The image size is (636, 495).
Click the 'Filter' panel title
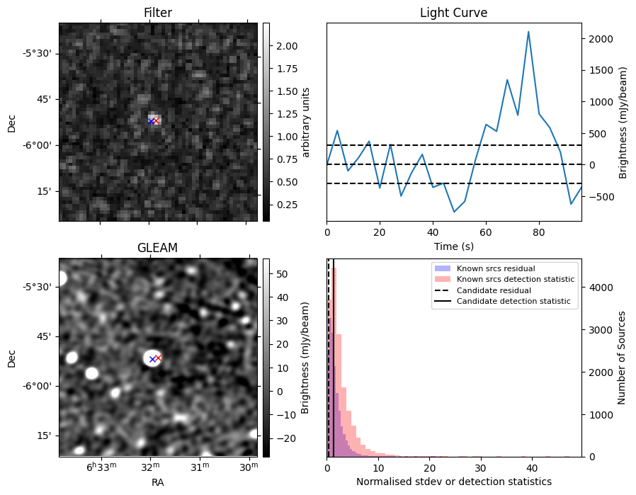tap(157, 13)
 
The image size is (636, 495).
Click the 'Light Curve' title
tap(453, 13)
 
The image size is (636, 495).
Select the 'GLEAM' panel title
tap(157, 247)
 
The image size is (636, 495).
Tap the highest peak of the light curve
tap(528, 32)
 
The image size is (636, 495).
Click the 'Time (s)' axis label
tap(453, 246)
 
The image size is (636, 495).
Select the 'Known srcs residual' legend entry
tap(495, 269)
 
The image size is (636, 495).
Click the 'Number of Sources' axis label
tap(622, 358)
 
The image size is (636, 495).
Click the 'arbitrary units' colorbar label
tap(306, 122)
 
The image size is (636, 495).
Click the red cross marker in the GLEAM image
tap(158, 358)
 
